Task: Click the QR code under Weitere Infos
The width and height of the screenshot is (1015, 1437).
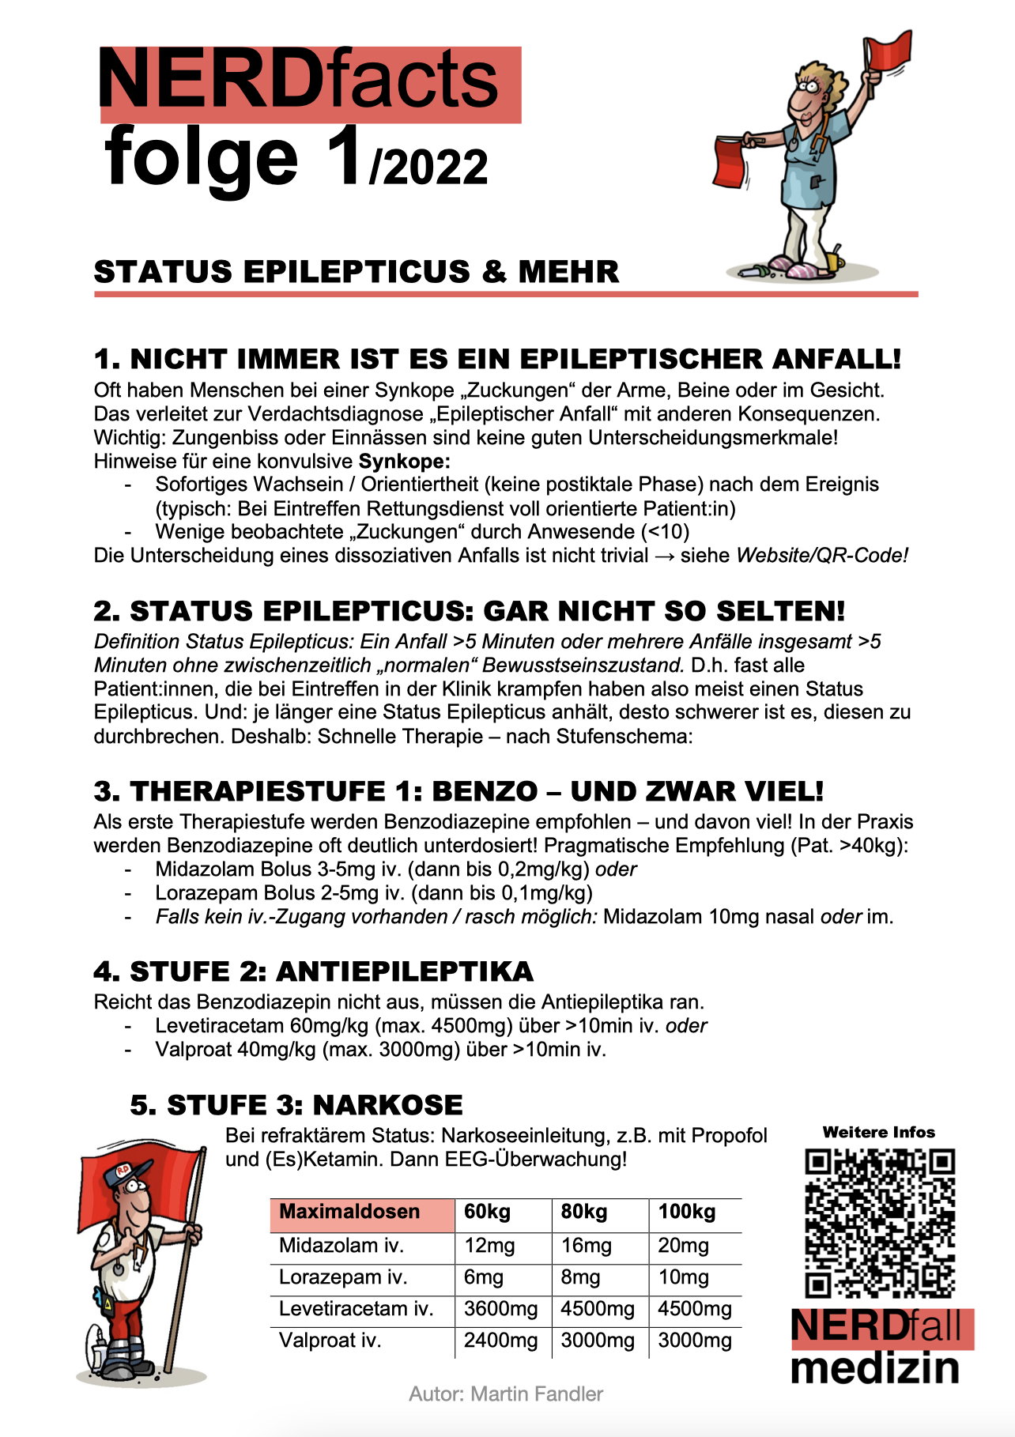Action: pyautogui.click(x=880, y=1224)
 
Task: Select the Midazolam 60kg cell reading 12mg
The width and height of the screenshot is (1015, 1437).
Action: pyautogui.click(x=489, y=1247)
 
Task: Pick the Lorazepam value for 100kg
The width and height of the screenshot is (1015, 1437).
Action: pyautogui.click(x=683, y=1278)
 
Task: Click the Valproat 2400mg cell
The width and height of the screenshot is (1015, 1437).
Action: pyautogui.click(x=500, y=1341)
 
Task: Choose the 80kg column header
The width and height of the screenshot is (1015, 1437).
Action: pyautogui.click(x=584, y=1213)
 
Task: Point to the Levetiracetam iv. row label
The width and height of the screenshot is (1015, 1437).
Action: pyautogui.click(x=357, y=1310)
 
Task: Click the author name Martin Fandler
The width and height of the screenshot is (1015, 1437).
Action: pyautogui.click(x=537, y=1394)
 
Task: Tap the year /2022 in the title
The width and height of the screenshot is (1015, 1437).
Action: pyautogui.click(x=428, y=167)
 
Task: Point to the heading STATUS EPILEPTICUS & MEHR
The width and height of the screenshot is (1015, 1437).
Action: pyautogui.click(x=357, y=272)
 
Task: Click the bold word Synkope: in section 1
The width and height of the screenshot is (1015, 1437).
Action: pyautogui.click(x=405, y=462)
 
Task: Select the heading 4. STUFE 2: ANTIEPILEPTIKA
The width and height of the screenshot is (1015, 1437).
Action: pyautogui.click(x=313, y=971)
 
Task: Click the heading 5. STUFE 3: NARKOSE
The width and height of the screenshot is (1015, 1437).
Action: pyautogui.click(x=296, y=1105)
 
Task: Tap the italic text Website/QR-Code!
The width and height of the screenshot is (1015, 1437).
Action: pyautogui.click(x=822, y=556)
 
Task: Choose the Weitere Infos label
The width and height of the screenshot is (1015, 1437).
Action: pyautogui.click(x=878, y=1133)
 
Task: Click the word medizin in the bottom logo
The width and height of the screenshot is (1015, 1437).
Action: pyautogui.click(x=875, y=1368)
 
